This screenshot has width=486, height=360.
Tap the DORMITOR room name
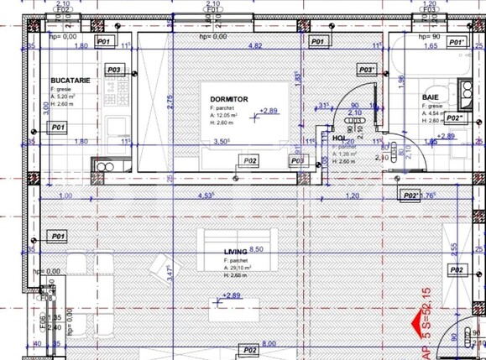coord(228,99)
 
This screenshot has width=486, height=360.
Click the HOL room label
coord(338,138)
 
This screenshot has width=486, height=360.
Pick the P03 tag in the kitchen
coord(115,70)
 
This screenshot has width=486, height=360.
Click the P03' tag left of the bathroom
coord(367,70)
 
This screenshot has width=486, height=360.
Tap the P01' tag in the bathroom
coord(457,41)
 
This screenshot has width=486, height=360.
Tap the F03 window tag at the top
coord(431,12)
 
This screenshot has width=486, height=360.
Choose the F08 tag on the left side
coord(45,296)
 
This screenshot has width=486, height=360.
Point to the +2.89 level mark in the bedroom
coord(269,111)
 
